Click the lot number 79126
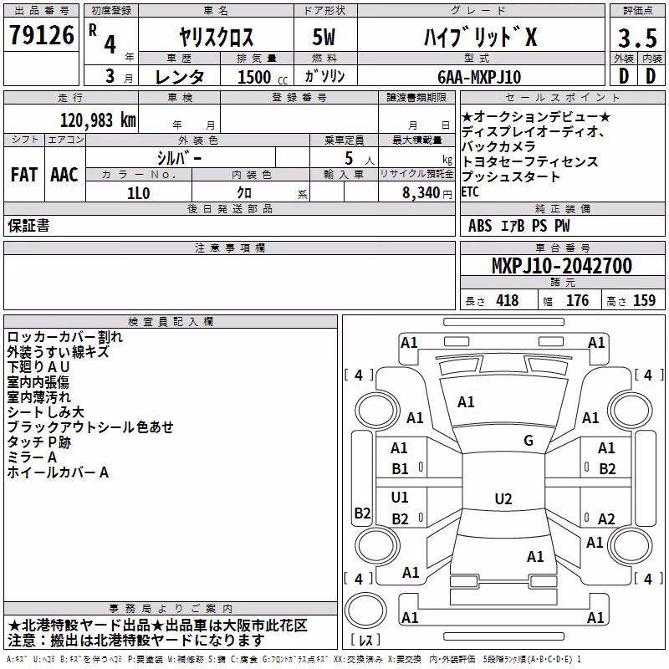click(x=42, y=35)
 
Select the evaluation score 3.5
click(x=637, y=38)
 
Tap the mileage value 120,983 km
click(x=98, y=120)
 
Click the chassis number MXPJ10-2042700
click(x=562, y=266)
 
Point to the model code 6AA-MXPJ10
click(x=479, y=77)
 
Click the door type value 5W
click(x=324, y=37)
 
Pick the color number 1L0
click(x=139, y=193)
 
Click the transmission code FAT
click(x=24, y=175)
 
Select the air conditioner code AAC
click(x=64, y=175)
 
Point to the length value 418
click(x=508, y=300)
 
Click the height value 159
click(x=644, y=300)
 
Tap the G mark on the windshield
click(x=529, y=441)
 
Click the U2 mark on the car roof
click(x=503, y=498)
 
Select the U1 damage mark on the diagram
click(x=400, y=497)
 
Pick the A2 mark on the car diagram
click(x=606, y=518)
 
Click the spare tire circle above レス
click(x=365, y=611)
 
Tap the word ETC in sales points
click(x=470, y=192)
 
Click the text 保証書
click(x=28, y=226)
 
